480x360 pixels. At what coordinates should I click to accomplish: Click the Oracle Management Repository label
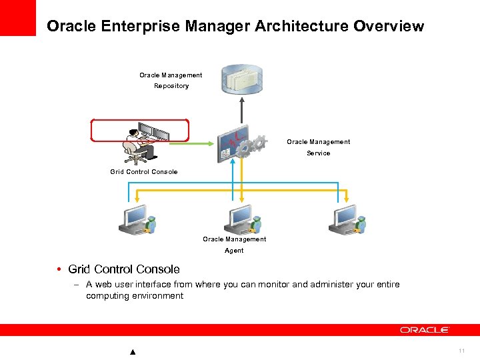171,80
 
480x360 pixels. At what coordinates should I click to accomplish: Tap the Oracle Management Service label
318,147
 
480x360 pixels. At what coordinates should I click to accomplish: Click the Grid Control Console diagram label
144,172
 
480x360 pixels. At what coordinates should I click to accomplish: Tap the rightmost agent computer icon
345,221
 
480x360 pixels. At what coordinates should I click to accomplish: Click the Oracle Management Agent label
234,245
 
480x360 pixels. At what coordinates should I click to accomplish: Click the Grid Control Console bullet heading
124,269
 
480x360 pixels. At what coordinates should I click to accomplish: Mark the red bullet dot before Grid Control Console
59,269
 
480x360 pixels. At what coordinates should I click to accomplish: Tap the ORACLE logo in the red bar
425,330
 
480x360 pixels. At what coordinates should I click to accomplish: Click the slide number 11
461,351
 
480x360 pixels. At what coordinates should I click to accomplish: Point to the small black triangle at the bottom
133,352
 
